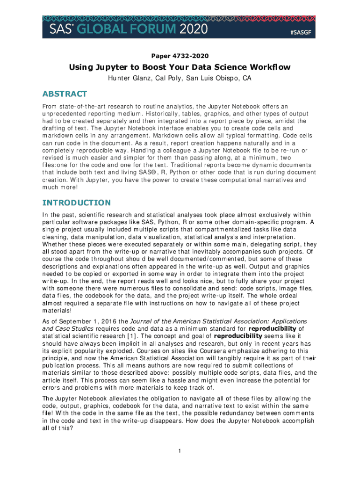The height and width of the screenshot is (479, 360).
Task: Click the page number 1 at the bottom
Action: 180,451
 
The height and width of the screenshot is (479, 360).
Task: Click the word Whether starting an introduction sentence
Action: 54,244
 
